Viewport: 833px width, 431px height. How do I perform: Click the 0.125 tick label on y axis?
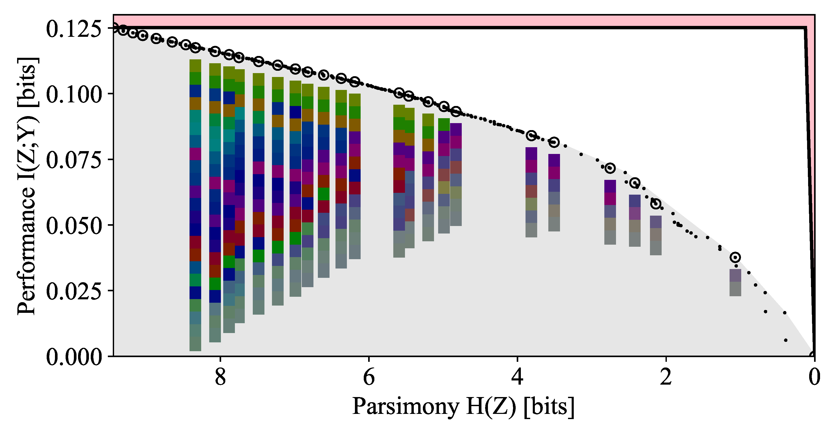tap(74, 29)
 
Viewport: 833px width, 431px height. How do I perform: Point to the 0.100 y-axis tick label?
tap(74, 95)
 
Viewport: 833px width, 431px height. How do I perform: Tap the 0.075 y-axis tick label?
tap(74, 160)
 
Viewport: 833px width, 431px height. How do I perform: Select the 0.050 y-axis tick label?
tap(74, 226)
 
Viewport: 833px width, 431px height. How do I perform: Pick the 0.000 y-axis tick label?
tap(74, 357)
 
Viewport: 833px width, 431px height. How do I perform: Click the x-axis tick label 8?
tap(220, 377)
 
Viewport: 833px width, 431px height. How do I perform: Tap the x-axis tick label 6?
tap(369, 377)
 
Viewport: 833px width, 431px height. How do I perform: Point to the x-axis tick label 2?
tap(666, 377)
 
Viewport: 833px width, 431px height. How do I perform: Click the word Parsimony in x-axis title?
tap(406, 406)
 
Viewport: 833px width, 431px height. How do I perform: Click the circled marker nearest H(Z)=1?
tap(735, 257)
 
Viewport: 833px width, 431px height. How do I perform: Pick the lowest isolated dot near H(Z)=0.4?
tap(786, 340)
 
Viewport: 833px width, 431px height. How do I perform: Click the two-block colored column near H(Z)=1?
tap(735, 282)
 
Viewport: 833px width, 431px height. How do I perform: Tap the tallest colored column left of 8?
tap(195, 205)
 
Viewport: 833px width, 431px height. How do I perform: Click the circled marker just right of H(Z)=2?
tap(655, 204)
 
